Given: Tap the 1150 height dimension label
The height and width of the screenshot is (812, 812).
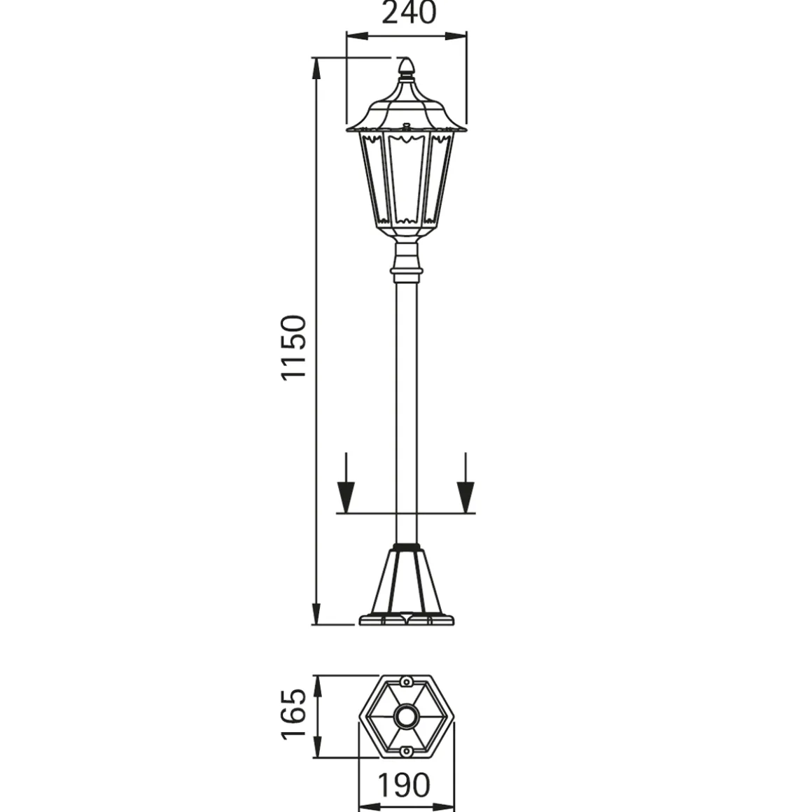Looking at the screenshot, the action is [293, 347].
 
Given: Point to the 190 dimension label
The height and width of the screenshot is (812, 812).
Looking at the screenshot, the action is [403, 785].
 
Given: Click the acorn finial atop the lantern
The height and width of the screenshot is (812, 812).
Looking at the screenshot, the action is [407, 66].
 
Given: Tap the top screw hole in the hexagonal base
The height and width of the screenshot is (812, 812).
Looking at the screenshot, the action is [407, 682].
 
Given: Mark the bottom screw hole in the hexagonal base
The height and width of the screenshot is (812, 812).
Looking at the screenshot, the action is [407, 751].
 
